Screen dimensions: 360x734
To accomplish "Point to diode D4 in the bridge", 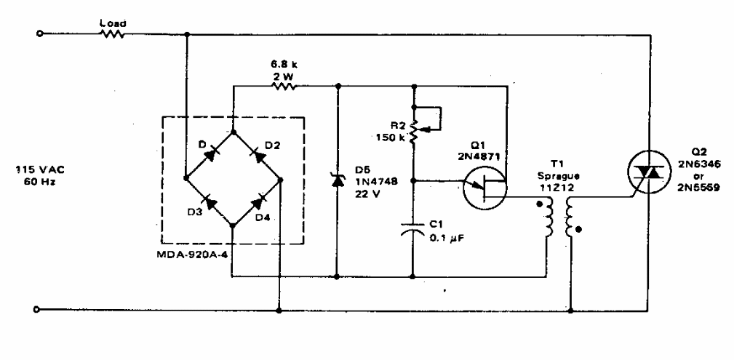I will coord(257,201).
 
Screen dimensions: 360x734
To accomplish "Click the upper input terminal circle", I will coord(39,33).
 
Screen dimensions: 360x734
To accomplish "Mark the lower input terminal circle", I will coord(39,310).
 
